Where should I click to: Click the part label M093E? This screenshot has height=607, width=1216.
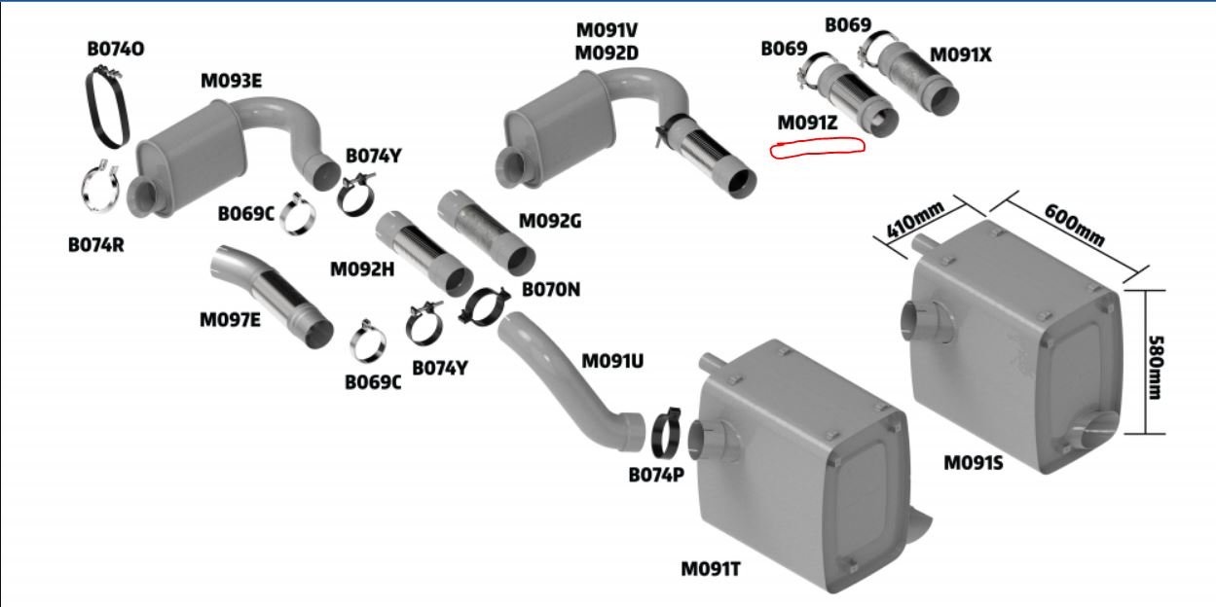click(x=232, y=81)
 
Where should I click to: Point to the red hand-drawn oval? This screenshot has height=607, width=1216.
click(x=817, y=148)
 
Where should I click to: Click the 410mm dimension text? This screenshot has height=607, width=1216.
click(x=915, y=221)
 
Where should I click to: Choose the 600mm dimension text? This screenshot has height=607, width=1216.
click(x=1074, y=225)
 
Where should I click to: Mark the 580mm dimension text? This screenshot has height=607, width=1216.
click(x=1156, y=368)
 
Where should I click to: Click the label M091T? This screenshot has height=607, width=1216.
click(x=711, y=569)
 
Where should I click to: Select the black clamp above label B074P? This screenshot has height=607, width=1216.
click(x=666, y=432)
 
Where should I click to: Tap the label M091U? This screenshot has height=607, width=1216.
click(x=612, y=361)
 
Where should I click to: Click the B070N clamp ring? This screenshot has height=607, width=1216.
click(x=485, y=307)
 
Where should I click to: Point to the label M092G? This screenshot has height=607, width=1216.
click(x=550, y=222)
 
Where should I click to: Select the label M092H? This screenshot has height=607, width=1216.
click(x=362, y=269)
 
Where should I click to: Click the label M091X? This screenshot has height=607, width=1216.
click(x=960, y=54)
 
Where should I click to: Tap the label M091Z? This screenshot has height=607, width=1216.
click(x=807, y=123)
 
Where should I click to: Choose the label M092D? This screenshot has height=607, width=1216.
click(x=607, y=54)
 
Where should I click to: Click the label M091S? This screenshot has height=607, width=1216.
click(x=974, y=463)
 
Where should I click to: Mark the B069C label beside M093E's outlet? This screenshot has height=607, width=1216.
click(x=246, y=214)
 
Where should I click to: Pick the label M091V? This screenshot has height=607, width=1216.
click(x=607, y=30)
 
